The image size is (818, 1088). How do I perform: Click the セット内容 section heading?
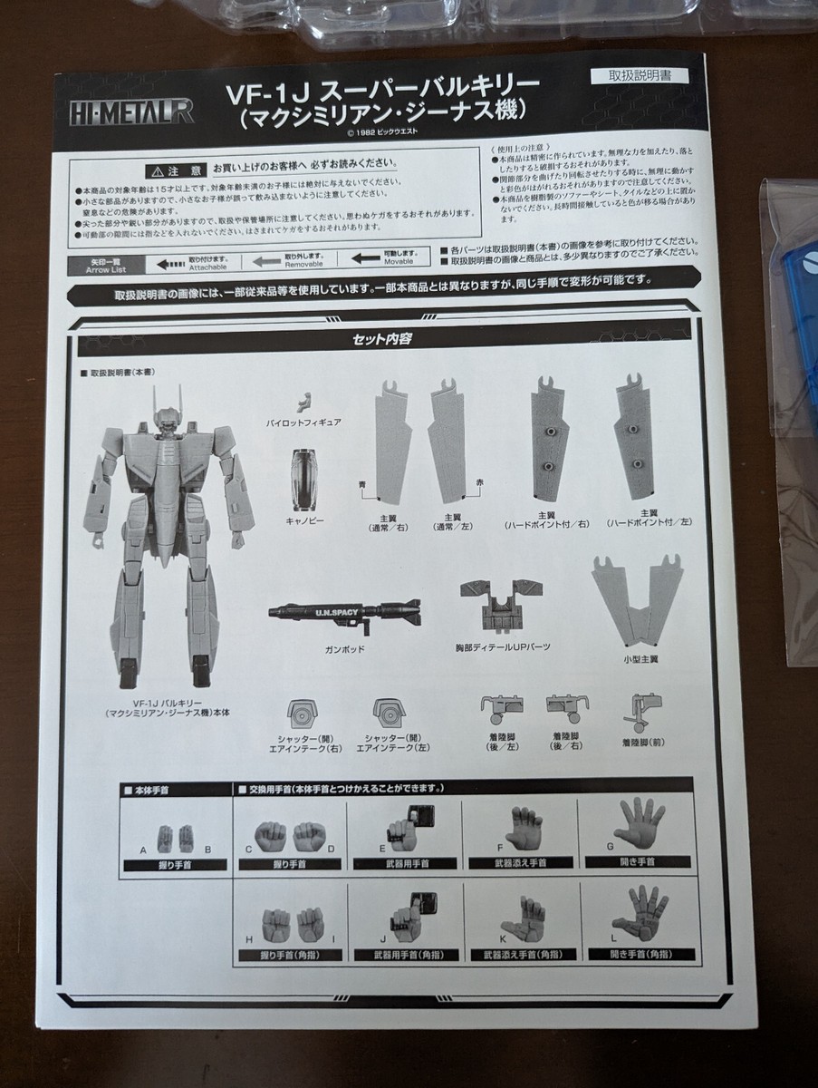click(385, 343)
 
